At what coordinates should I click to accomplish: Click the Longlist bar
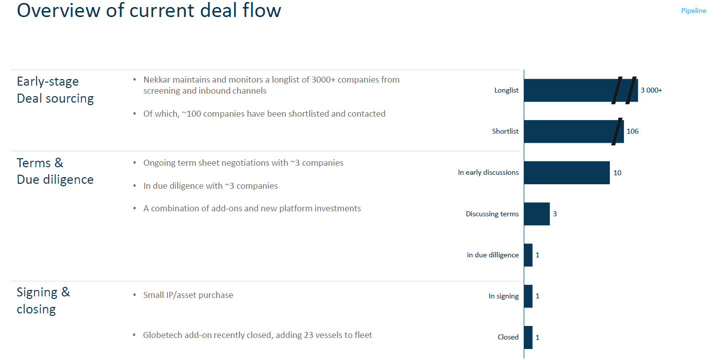point(566,90)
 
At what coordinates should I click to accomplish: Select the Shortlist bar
point(566,131)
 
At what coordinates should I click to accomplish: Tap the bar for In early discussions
point(567,173)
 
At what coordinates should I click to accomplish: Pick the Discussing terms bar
point(537,214)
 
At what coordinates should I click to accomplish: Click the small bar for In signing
point(528,296)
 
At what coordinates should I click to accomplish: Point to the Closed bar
point(528,337)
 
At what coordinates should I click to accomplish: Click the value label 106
point(632,132)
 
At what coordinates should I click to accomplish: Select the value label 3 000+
point(651,91)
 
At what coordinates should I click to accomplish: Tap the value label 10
point(617,173)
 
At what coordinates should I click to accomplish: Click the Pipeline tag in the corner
point(693,11)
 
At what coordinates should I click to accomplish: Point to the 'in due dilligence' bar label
point(493,255)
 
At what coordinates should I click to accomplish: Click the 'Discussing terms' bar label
point(492,214)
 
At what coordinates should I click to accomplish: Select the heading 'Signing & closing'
point(43,300)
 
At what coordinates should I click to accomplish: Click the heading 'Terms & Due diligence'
point(55,171)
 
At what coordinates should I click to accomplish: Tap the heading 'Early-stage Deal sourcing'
point(55,90)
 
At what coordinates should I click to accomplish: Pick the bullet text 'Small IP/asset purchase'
point(188,295)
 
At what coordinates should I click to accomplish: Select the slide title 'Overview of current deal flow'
point(149,11)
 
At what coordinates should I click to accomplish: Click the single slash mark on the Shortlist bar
point(617,131)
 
